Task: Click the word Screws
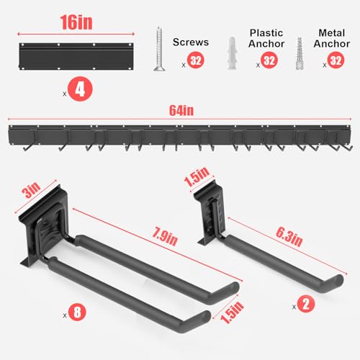point(191,41)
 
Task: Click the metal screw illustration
point(158,48)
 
